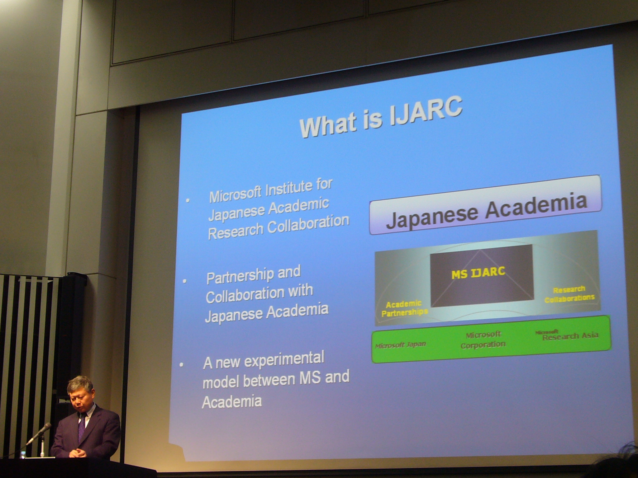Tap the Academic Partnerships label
tap(404, 308)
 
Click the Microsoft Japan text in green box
tap(400, 345)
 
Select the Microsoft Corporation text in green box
tap(483, 340)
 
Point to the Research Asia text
tap(570, 336)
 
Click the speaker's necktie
tap(82, 426)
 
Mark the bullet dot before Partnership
tap(185, 281)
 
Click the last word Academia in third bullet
tap(232, 401)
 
